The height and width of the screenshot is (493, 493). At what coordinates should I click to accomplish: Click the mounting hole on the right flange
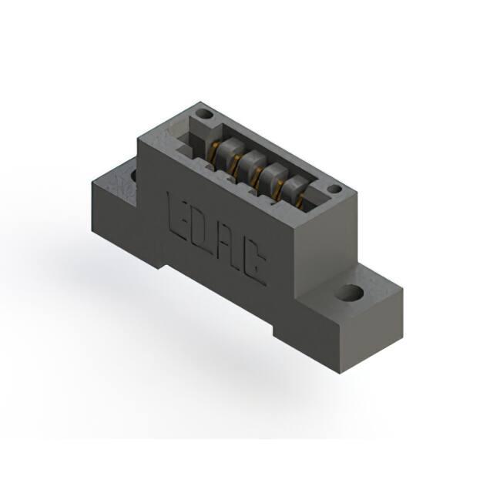351,292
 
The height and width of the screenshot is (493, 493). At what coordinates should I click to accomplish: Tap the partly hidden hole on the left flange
133,175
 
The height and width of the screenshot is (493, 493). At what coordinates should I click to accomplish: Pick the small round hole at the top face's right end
334,189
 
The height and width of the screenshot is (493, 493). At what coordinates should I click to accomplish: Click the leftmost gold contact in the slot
214,150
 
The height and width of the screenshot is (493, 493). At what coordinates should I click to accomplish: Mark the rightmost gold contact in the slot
300,201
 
